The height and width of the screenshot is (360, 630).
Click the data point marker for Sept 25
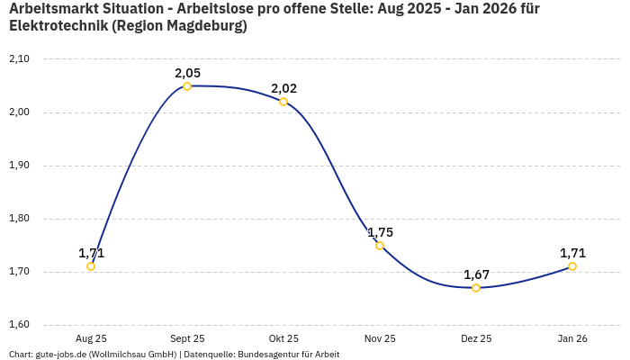[x=187, y=86]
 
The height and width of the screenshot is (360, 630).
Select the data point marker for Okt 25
[x=283, y=102]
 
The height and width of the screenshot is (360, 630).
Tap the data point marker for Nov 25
[x=380, y=246]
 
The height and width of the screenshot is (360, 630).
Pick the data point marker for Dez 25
[x=476, y=288]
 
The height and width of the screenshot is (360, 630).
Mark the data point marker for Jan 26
[x=572, y=266]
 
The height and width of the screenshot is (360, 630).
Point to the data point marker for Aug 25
[x=91, y=266]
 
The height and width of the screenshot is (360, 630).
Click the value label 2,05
[x=187, y=73]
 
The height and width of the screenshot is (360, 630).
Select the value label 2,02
[x=283, y=88]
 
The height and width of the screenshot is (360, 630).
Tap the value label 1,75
[x=380, y=232]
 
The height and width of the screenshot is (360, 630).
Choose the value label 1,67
[x=476, y=274]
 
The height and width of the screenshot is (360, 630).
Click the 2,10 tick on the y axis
[x=19, y=59]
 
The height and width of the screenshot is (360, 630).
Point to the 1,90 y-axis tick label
[x=19, y=166]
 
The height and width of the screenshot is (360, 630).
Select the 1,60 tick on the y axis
[x=19, y=325]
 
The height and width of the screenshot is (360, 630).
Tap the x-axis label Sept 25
[x=187, y=338]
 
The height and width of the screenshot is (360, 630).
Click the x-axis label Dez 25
[x=476, y=338]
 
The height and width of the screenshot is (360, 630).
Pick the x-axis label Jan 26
[x=572, y=338]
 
